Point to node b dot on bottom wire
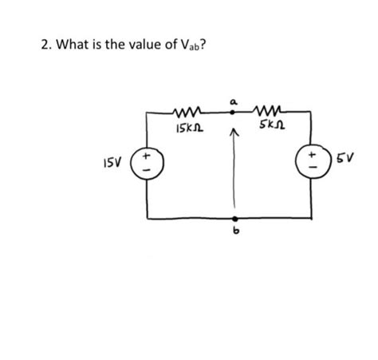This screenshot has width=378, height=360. (234, 219)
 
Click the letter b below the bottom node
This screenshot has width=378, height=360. (234, 232)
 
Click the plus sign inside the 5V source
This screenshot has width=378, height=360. (309, 154)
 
